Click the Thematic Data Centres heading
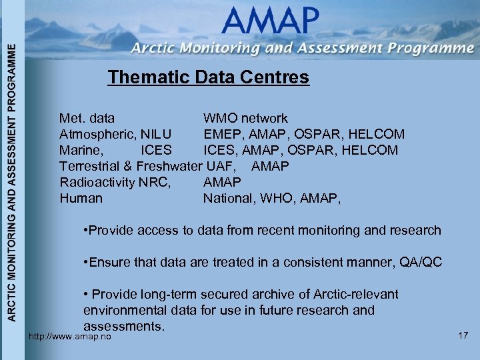coord(208,77)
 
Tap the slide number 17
coord(463,335)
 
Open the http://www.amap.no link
coord(69,337)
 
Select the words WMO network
coord(245,119)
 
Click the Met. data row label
coord(87,119)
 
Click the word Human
coord(81,198)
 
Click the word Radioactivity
coord(97,182)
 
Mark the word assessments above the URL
coord(123,327)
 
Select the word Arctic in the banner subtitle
coord(153,49)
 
